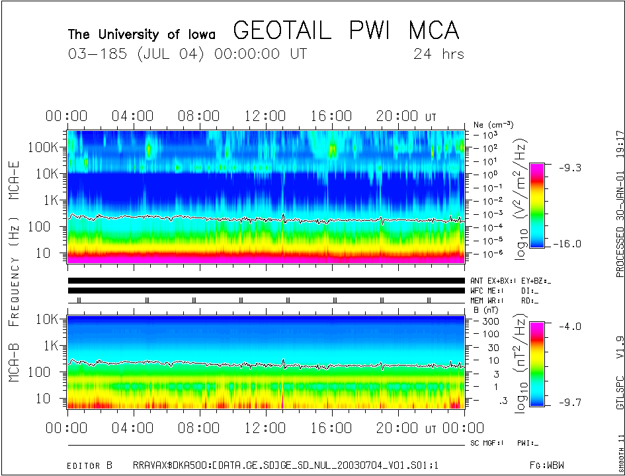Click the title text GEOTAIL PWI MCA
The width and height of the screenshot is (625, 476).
(346, 30)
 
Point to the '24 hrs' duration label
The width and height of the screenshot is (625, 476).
(438, 54)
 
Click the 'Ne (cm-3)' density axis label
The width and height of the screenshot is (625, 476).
(493, 124)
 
